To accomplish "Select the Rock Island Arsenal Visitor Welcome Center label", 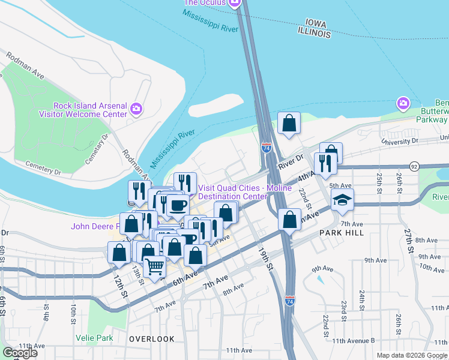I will tap(90, 110).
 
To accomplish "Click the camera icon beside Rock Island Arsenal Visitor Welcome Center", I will tap(137, 109).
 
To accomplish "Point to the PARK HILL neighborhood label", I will tap(342, 232).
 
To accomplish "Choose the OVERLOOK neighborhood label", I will tap(152, 339).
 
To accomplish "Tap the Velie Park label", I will tap(95, 337).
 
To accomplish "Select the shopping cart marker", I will tap(155, 266).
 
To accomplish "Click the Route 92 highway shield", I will tap(414, 165).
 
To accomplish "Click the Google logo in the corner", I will tap(20, 353).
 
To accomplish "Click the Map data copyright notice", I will tap(412, 355).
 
